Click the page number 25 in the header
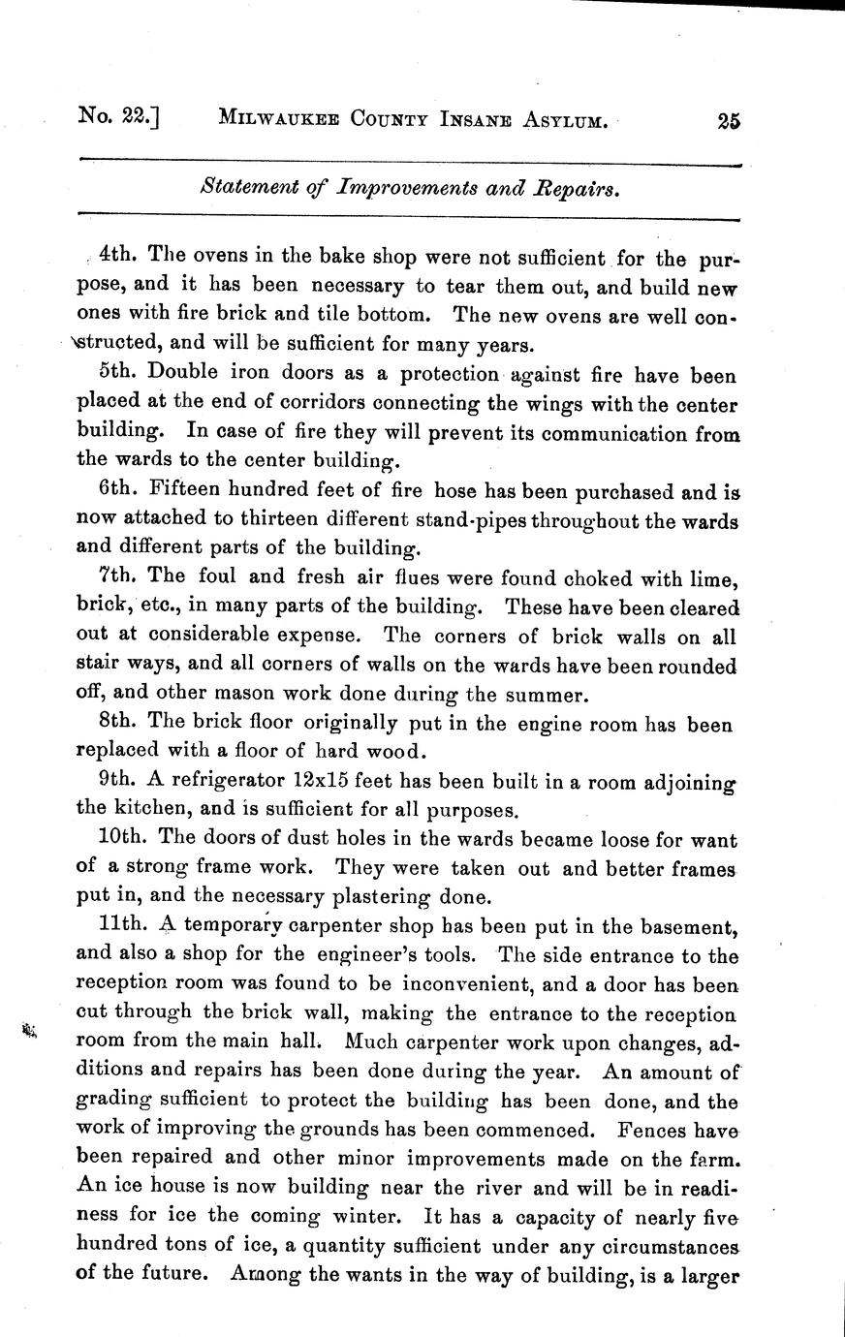click(729, 121)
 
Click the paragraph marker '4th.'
click(115, 257)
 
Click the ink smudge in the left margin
click(27, 1030)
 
